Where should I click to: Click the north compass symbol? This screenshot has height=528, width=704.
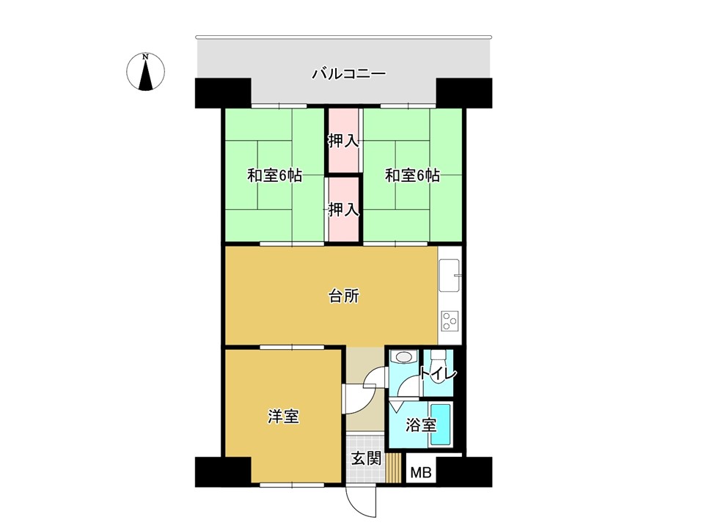(x=145, y=72)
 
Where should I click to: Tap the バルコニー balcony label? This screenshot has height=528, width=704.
(x=349, y=73)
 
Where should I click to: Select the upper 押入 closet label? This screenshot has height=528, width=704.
(x=343, y=141)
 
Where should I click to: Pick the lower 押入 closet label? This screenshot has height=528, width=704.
(x=343, y=209)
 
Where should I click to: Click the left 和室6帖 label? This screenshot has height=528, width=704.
(x=274, y=175)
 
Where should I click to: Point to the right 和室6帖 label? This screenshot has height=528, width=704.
(x=412, y=175)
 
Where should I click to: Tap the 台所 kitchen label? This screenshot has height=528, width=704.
(x=344, y=296)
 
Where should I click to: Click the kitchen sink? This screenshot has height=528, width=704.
(x=450, y=275)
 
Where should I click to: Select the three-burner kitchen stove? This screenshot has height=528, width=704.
(x=450, y=321)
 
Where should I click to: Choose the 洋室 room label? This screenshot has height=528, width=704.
(x=283, y=417)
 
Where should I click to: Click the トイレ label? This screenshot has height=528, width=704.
(x=439, y=373)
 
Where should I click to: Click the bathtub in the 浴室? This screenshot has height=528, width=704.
(x=441, y=425)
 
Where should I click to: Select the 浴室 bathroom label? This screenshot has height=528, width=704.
(x=421, y=425)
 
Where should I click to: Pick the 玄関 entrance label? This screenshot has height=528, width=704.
(x=367, y=458)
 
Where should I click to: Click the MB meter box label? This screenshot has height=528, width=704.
(x=421, y=472)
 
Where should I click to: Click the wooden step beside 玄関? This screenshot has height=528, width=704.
(x=394, y=469)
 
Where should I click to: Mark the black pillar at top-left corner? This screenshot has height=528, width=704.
(x=223, y=93)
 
